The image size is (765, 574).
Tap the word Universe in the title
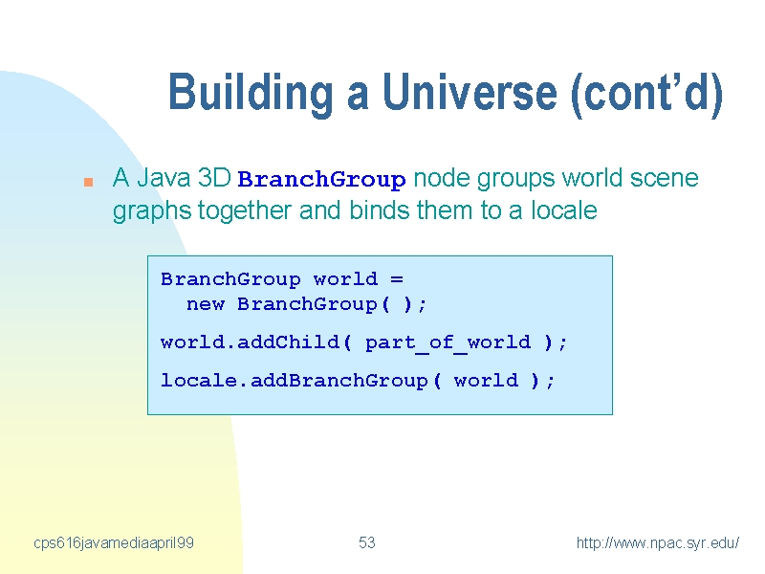pos(470,91)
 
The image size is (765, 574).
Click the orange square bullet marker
pos(88,183)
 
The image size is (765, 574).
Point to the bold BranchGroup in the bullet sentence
pos(321,180)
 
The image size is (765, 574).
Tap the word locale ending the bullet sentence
pos(563,210)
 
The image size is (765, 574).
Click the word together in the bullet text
pos(245,211)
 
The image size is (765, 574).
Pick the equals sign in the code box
pos(397,279)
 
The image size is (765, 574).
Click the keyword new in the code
pos(206,304)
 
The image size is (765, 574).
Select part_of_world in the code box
pos(448,342)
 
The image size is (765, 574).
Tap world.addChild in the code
pos(250,342)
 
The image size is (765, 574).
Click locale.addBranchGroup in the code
pos(295,380)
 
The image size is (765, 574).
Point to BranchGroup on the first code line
pos(230,279)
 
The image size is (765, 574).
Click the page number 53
pos(367,542)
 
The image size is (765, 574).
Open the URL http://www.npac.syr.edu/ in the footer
pos(658,543)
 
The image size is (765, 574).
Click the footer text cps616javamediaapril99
pos(114,543)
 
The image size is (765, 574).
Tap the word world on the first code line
pos(345,279)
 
